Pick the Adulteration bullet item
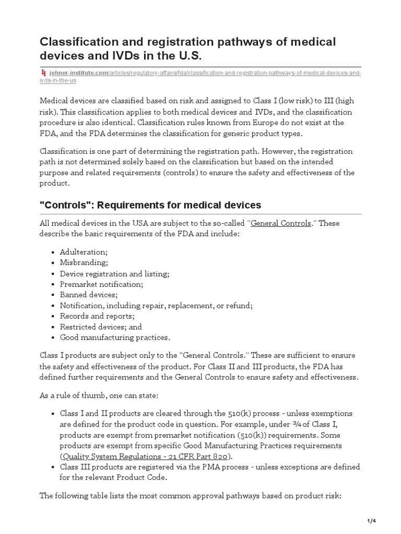[84, 252]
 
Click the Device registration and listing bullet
[114, 274]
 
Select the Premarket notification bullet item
[101, 284]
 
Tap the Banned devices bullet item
[89, 295]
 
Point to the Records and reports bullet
[97, 316]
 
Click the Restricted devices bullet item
[100, 327]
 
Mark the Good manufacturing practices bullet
[115, 337]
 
